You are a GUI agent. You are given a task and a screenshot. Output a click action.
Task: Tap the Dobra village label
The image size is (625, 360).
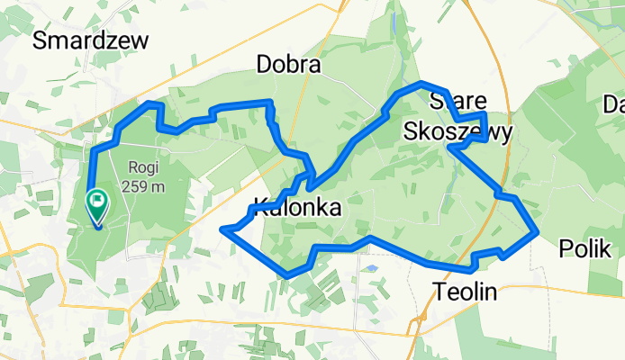point(288,65)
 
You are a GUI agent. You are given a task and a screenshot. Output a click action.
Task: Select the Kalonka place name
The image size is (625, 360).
point(297,208)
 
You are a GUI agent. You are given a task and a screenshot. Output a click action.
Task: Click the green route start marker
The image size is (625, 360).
point(96,204)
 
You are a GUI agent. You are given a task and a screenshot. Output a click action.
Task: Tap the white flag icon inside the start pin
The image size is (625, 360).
point(96,200)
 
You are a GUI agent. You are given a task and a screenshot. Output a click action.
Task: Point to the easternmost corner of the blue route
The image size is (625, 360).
point(537,231)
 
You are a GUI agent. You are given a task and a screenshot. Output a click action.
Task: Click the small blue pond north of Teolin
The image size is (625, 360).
point(370,268)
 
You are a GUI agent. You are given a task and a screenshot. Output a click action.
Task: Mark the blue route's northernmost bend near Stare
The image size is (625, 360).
point(421,84)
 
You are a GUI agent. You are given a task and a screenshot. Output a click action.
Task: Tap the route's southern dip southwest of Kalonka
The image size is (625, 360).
point(286,274)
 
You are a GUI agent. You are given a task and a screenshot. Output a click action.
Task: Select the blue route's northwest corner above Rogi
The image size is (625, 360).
point(150,105)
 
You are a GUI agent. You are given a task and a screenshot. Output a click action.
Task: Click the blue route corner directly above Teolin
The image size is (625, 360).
point(471,267)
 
